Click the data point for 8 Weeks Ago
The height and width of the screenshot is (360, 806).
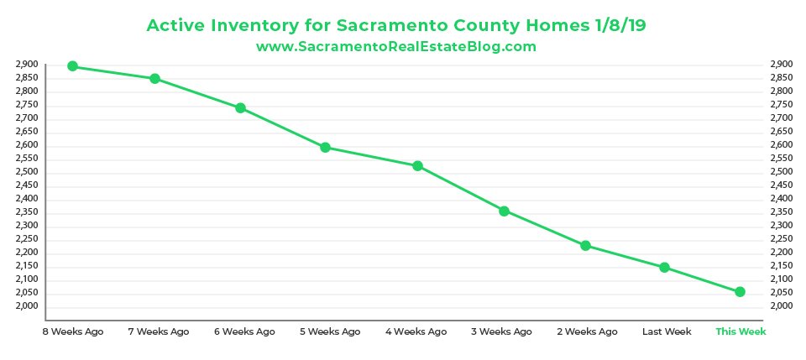[72, 66]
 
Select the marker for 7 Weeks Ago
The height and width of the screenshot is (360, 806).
[154, 79]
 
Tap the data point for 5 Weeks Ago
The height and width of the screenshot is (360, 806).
[325, 148]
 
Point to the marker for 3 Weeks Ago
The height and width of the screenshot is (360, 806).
[505, 211]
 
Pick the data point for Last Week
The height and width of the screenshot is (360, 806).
[664, 267]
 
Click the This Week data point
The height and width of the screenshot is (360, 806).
[740, 292]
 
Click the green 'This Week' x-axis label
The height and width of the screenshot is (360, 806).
[741, 331]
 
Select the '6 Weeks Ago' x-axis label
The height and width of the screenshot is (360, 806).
[244, 331]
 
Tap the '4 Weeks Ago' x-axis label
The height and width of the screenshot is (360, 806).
[416, 331]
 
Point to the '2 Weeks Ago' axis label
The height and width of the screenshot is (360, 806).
[587, 331]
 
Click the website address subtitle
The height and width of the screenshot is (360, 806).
[395, 47]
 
